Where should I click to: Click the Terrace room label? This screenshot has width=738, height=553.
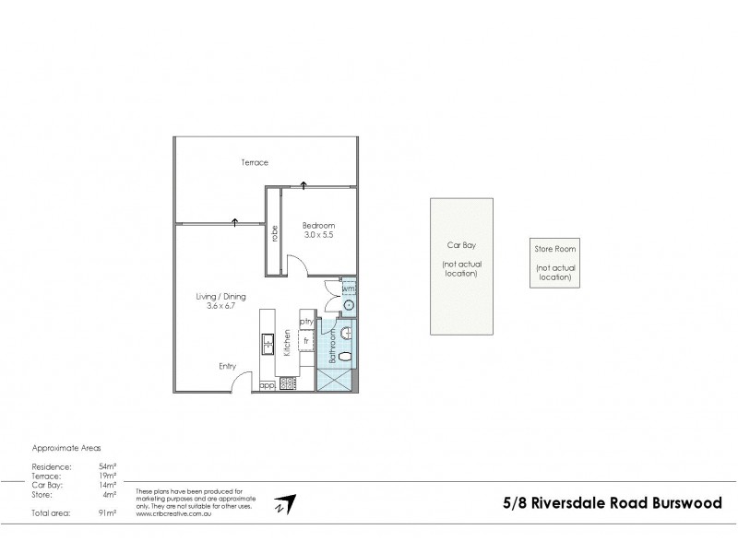[x=255, y=162]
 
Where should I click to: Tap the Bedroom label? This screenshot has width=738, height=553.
[x=319, y=226]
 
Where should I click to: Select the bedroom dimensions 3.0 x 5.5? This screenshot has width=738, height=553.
[x=319, y=236]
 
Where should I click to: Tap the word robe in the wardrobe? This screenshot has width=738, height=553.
[x=275, y=234]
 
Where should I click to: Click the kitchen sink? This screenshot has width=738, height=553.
[x=267, y=344]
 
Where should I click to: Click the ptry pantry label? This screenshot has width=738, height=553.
[x=304, y=321]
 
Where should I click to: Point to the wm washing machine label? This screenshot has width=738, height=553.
[x=348, y=288]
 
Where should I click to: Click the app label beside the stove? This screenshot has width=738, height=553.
[x=266, y=384]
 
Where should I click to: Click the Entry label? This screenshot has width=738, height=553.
[x=227, y=366]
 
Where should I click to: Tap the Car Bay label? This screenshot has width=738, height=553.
[x=458, y=246]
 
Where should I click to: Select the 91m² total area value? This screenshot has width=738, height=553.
[x=106, y=511]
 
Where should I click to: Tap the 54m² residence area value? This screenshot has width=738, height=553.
[x=106, y=466]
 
